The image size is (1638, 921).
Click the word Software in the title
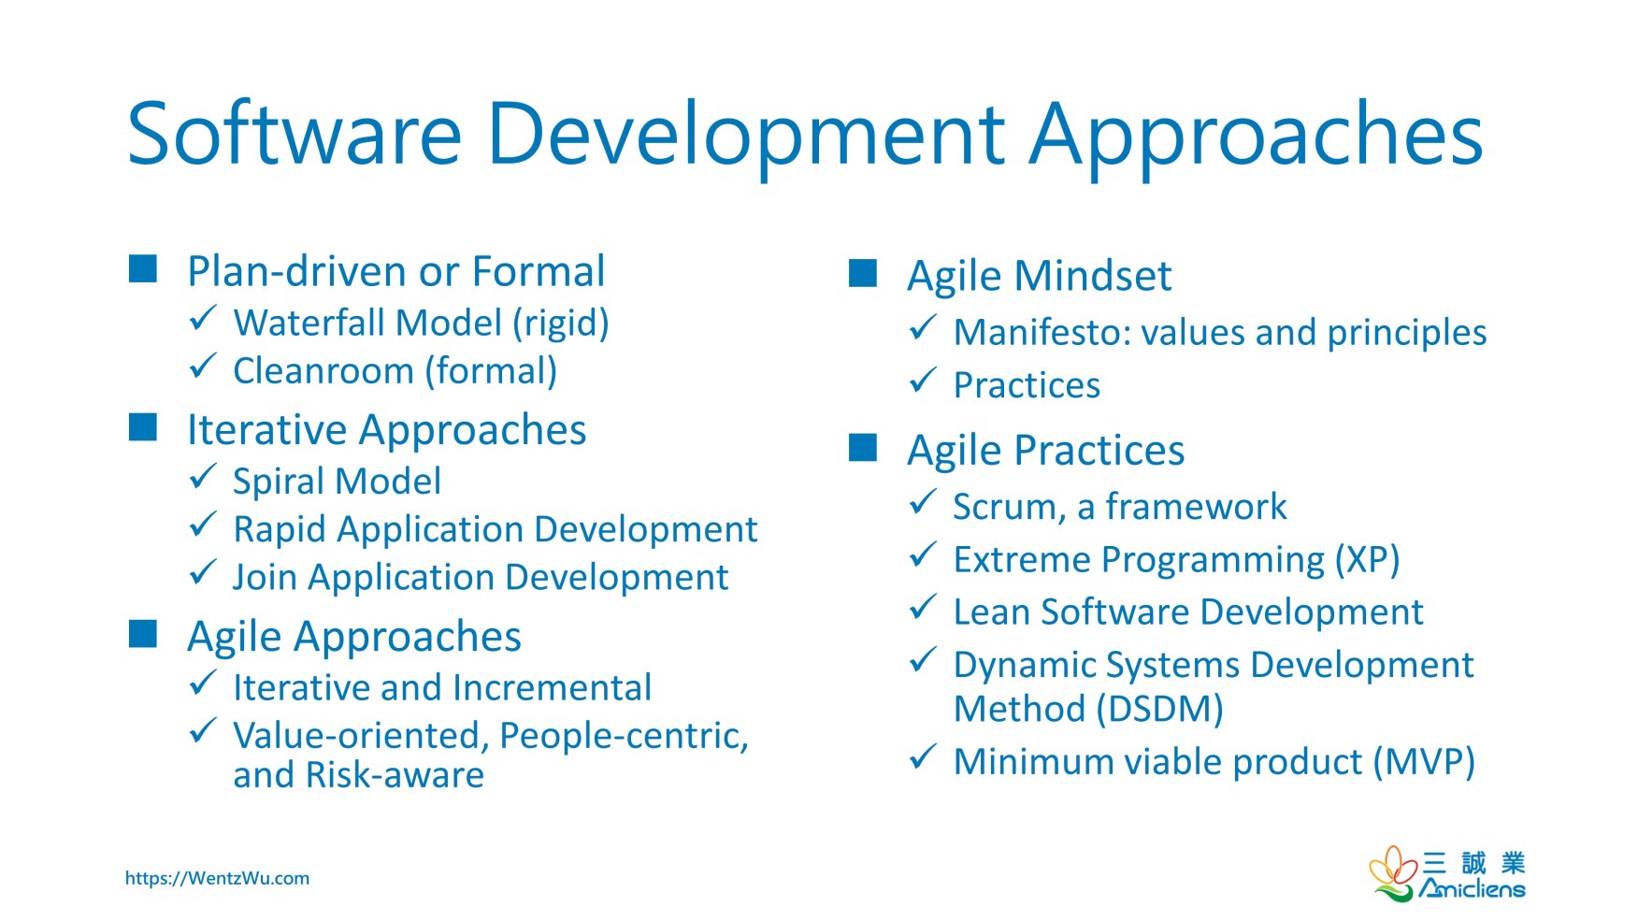click(294, 134)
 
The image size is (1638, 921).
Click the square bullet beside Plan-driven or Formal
click(143, 269)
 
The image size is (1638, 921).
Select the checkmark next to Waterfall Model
click(203, 319)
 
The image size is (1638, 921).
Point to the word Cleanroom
click(323, 371)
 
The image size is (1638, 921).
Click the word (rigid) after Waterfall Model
click(560, 324)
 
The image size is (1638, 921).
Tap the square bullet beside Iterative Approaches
click(143, 427)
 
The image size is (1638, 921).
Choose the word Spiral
click(280, 482)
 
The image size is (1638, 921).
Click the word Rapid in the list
click(280, 530)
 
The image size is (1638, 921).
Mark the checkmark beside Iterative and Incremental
click(203, 684)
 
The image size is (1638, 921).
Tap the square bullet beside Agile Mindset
click(863, 274)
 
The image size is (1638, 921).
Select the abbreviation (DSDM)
click(1159, 710)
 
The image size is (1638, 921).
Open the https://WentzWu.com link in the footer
click(217, 878)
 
